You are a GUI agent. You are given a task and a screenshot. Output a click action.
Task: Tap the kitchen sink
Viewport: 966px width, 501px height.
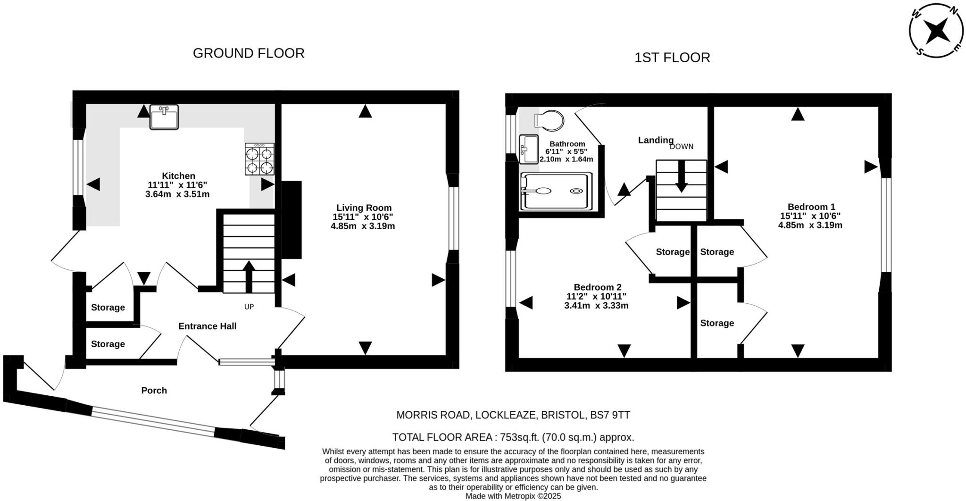click(164, 117)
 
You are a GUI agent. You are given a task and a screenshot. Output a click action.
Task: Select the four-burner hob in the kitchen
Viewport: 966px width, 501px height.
click(259, 159)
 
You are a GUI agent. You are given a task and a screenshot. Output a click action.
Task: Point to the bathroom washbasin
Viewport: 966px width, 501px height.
click(529, 149)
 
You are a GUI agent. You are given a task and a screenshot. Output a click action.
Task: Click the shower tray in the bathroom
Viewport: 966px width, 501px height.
click(556, 191)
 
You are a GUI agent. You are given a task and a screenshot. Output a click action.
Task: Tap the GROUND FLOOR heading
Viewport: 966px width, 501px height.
click(249, 53)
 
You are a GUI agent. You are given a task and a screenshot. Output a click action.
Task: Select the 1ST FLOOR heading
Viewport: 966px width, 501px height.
click(672, 58)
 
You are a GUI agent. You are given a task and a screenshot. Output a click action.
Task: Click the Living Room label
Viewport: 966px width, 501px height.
click(364, 208)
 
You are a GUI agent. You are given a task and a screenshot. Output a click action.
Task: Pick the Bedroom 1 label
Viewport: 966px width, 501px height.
click(811, 207)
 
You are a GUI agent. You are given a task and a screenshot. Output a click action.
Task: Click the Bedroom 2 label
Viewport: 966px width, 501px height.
click(597, 287)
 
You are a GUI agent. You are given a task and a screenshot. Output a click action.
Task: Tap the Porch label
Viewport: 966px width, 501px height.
click(154, 391)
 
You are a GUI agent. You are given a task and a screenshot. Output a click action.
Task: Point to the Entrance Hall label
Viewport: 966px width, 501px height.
click(207, 326)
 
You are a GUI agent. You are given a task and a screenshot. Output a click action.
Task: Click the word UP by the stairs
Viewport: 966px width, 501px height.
click(249, 307)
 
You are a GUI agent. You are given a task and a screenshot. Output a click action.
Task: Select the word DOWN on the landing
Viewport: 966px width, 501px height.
click(681, 147)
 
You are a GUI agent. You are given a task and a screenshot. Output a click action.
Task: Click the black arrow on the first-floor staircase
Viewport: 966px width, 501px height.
click(681, 176)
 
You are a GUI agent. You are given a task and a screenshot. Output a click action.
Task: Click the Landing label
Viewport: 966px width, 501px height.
click(656, 140)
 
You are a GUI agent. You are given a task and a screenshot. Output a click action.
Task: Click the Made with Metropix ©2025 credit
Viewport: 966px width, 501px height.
click(513, 496)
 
